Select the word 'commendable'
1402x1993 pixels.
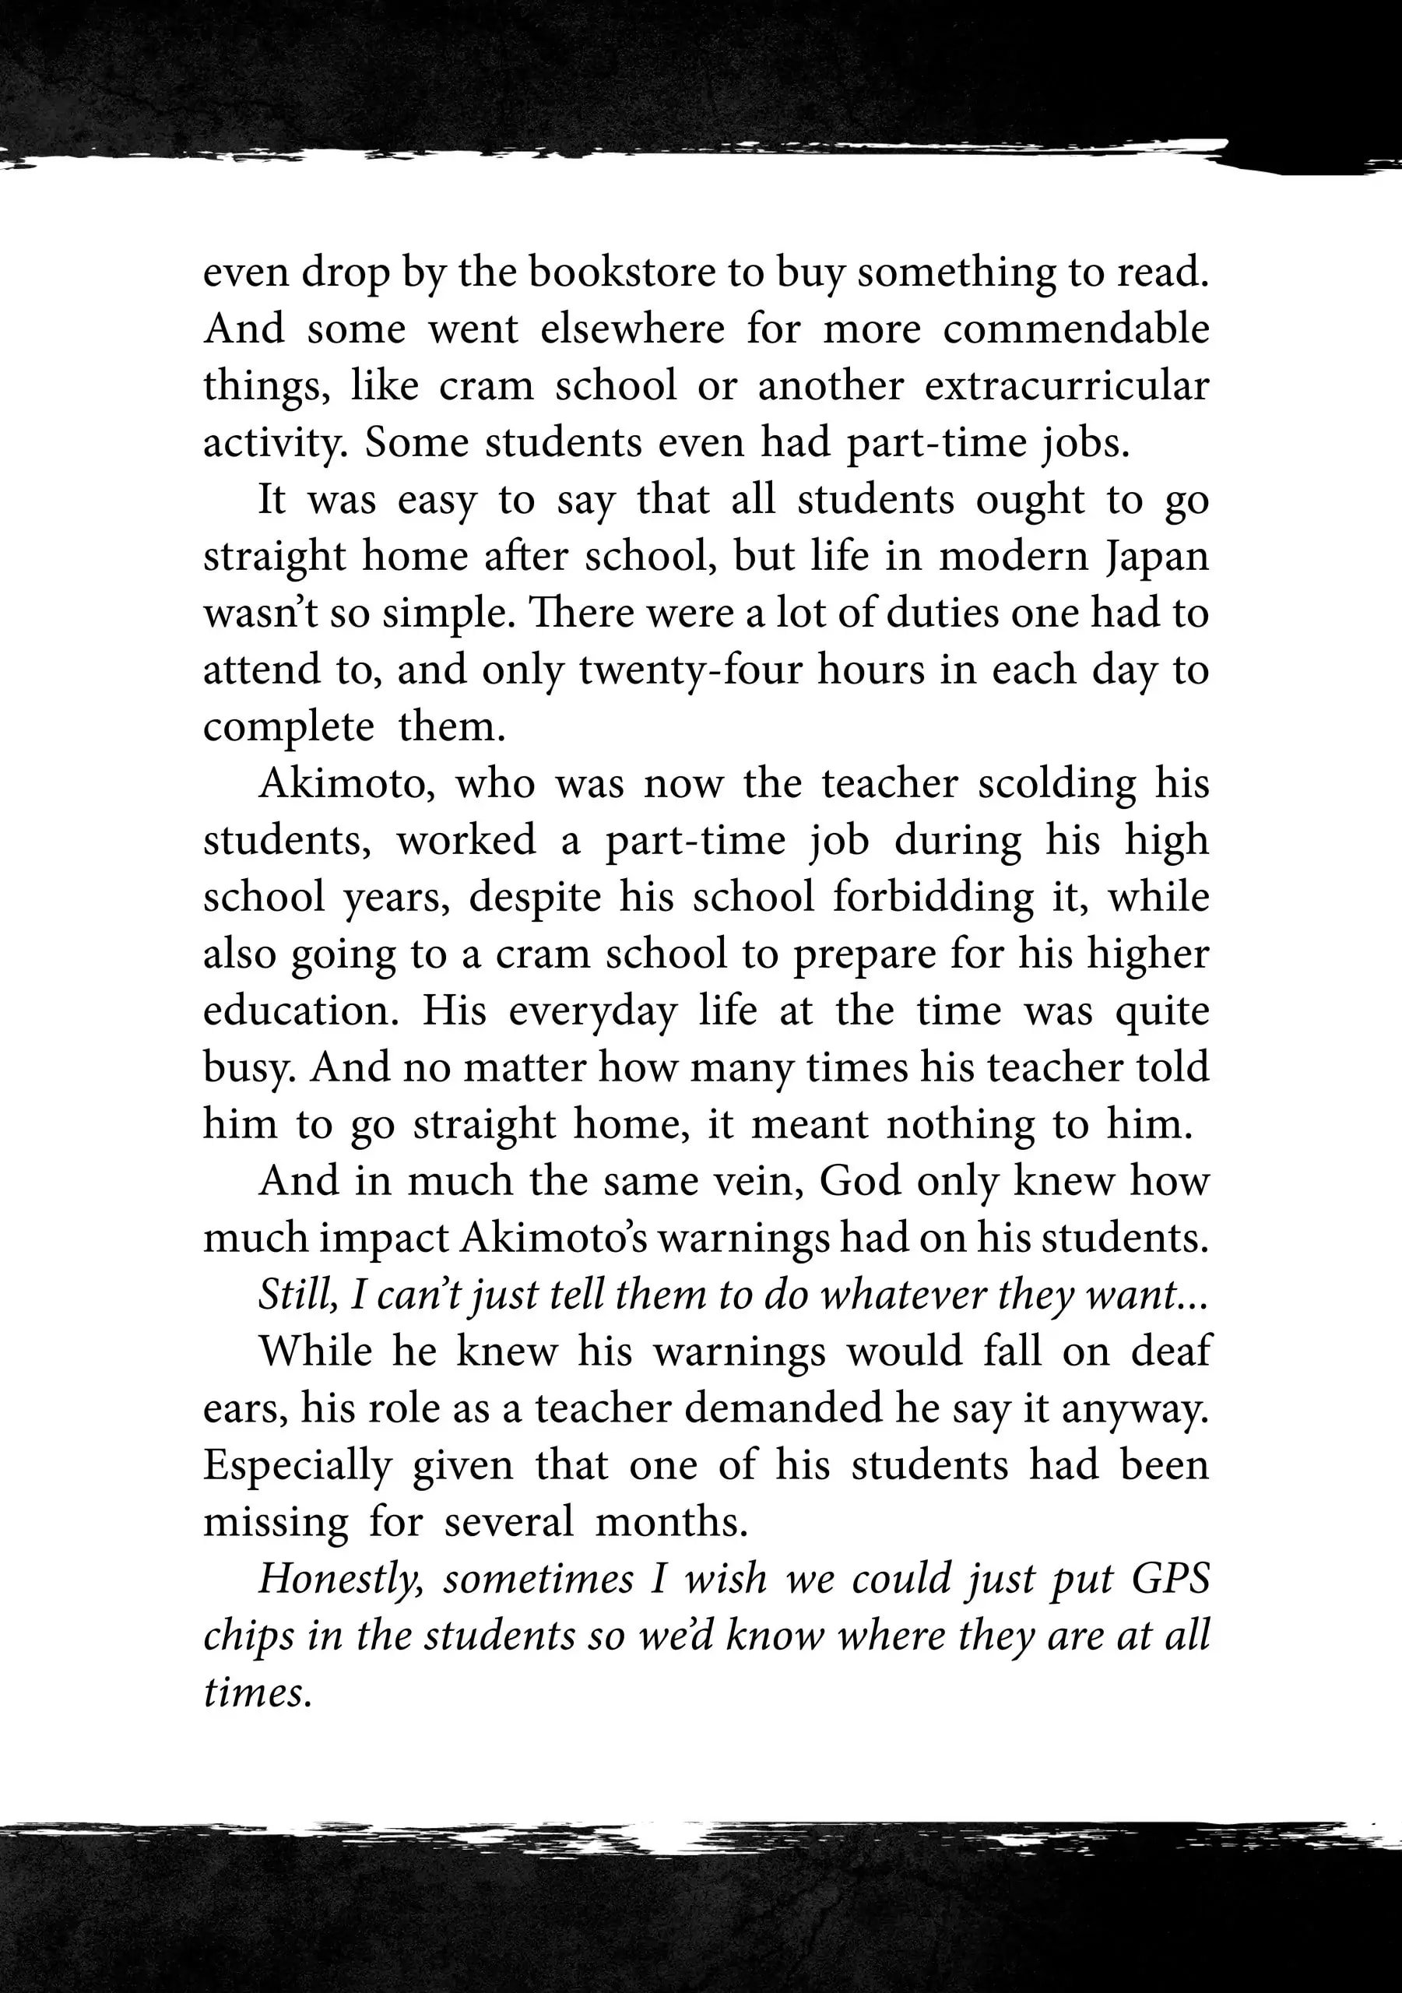click(1076, 330)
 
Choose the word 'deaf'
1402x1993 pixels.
click(1170, 1352)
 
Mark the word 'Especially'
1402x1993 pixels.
click(297, 1465)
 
